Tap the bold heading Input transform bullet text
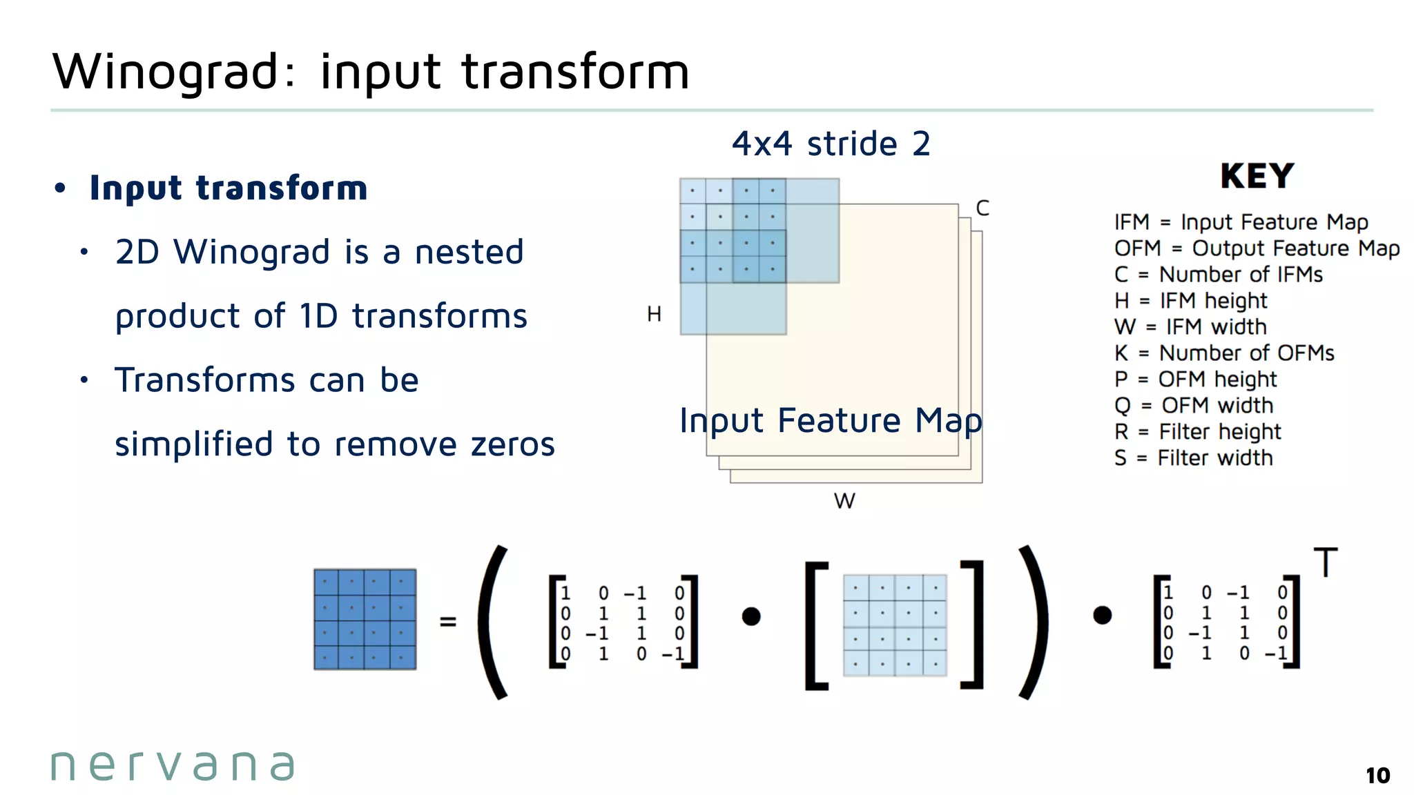[229, 188]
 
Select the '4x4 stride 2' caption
[831, 144]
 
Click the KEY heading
[1257, 176]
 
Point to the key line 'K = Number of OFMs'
[1224, 353]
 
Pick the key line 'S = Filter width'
[1193, 458]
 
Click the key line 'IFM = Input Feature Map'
[1241, 222]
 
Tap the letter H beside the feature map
[654, 315]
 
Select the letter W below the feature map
[844, 501]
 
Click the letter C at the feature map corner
[982, 208]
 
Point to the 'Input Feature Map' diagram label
[831, 420]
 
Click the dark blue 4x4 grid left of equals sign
[365, 619]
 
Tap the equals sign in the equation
[448, 622]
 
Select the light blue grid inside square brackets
[895, 625]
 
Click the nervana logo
[173, 765]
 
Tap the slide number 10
[1377, 776]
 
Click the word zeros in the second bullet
[513, 444]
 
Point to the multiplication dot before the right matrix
[1102, 615]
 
